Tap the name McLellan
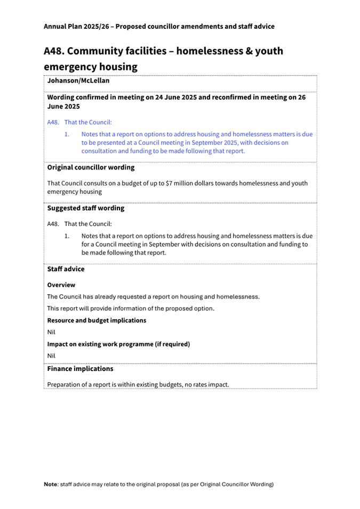point(94,81)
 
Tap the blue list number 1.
point(67,134)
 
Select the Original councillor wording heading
point(91,167)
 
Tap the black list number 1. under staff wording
point(67,236)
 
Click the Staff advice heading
point(66,269)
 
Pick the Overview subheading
point(61,285)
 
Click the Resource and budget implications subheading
point(97,320)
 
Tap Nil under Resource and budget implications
point(51,332)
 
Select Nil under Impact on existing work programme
point(51,356)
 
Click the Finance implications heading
point(80,369)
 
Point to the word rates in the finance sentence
point(204,384)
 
